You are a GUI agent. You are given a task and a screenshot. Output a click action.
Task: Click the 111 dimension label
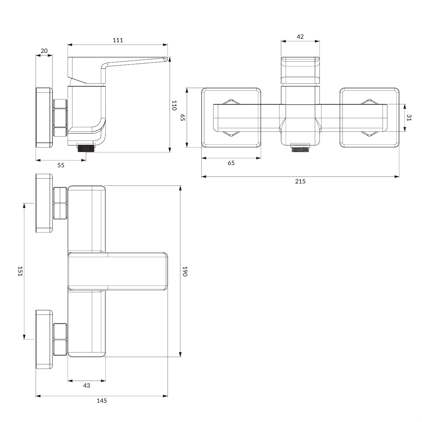coord(118,40)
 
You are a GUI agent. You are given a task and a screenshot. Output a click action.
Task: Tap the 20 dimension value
coord(44,51)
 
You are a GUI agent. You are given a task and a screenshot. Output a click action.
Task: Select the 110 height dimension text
coord(174,105)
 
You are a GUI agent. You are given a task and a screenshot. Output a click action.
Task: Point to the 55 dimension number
coord(61,165)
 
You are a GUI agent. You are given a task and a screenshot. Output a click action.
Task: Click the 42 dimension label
coord(300,37)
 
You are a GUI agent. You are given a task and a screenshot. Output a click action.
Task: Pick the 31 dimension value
coord(409,118)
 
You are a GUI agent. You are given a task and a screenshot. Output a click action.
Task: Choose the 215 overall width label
coord(300,181)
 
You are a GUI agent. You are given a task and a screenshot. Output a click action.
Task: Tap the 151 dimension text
coord(20,271)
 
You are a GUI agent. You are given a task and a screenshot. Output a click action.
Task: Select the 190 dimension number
coord(185,271)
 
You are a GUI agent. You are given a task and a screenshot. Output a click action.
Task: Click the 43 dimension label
coord(87,385)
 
